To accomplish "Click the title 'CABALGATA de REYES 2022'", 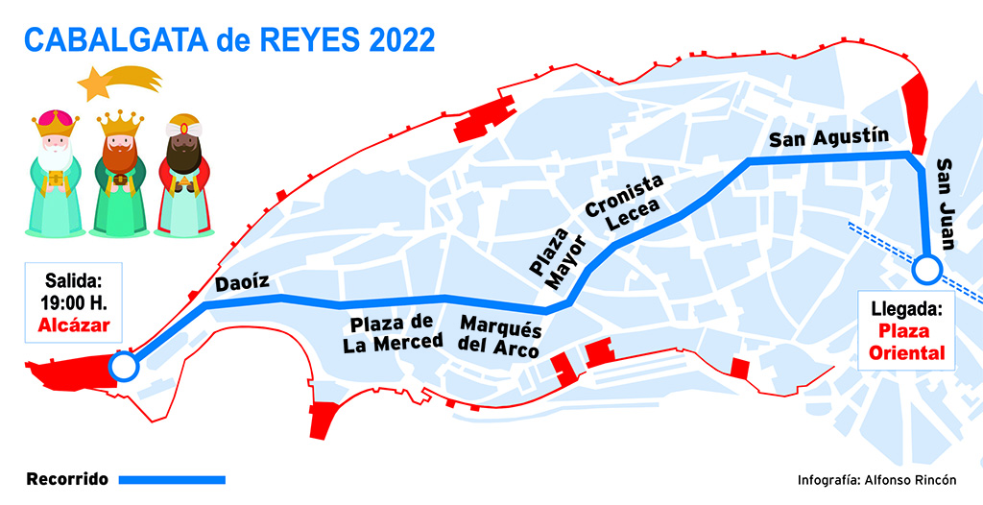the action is tap(228, 39).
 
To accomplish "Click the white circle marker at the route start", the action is tap(123, 366).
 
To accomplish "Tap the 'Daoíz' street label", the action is tap(240, 284).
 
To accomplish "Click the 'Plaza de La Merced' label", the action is tap(395, 332).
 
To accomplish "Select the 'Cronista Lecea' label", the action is tap(624, 204).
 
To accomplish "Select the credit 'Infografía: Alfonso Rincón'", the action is tap(876, 480).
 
